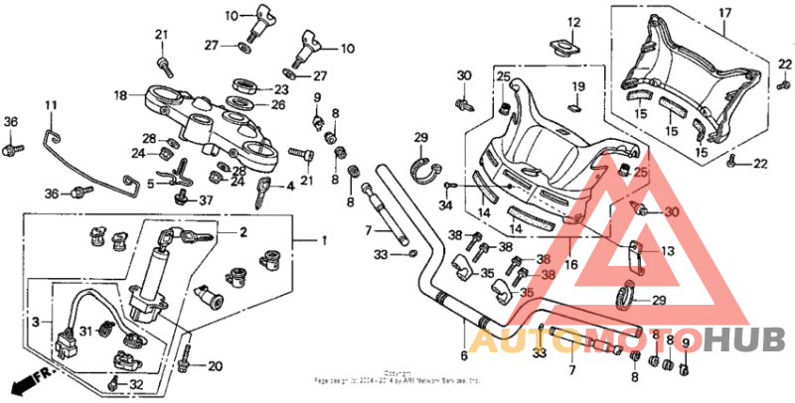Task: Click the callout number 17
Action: click(x=724, y=13)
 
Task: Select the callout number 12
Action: click(x=573, y=22)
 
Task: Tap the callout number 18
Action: click(x=120, y=96)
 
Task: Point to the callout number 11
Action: click(x=51, y=104)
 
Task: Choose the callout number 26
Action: click(x=279, y=105)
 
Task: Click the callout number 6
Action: click(x=463, y=354)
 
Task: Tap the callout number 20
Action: click(x=215, y=366)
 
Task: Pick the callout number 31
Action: click(x=85, y=332)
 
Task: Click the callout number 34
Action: click(x=445, y=206)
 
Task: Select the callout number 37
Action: click(x=206, y=201)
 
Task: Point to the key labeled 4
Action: click(x=262, y=191)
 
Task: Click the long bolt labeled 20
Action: click(x=186, y=358)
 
